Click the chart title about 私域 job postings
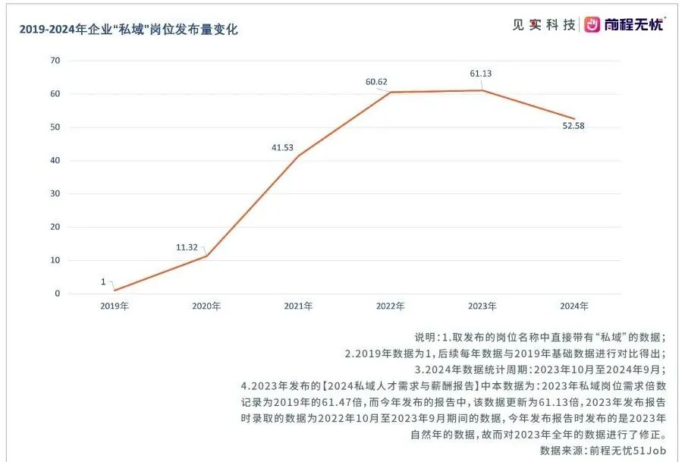128,30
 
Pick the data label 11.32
186,247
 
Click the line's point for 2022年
390,93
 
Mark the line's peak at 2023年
482,90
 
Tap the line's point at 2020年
206,256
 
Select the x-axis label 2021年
298,306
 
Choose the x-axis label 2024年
574,306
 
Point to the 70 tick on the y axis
55,61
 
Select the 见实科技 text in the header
543,24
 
